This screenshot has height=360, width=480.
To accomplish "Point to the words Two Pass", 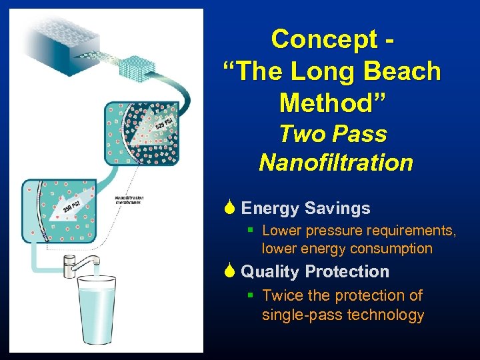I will click(x=333, y=133).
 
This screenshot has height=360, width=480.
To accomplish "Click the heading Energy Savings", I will click(x=305, y=209).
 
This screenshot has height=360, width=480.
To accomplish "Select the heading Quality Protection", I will click(x=315, y=272).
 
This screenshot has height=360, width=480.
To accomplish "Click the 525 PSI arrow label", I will click(x=163, y=124).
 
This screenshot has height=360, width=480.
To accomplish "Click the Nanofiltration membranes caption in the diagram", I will click(x=129, y=200).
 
